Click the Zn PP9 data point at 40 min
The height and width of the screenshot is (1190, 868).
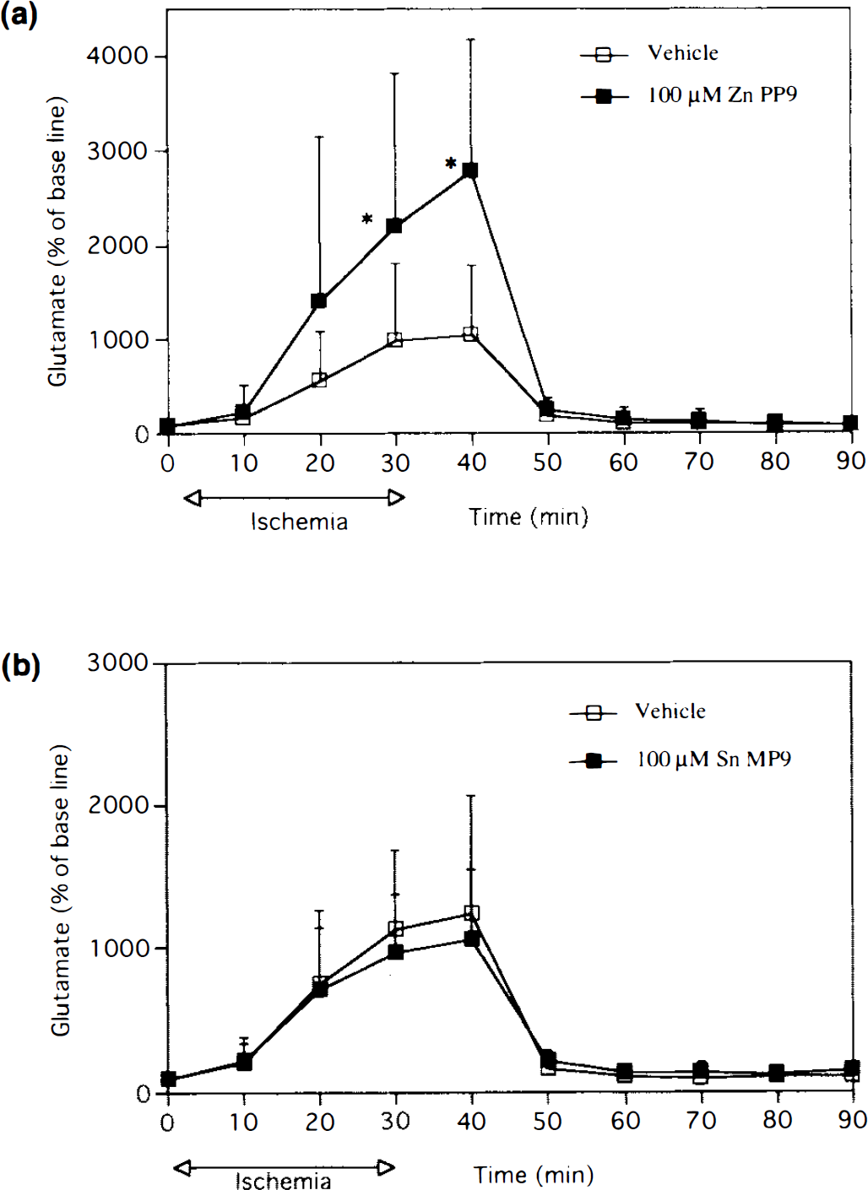pos(470,170)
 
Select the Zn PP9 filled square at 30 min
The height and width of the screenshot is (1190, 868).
pos(394,226)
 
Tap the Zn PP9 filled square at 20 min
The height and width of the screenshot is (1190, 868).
pos(318,301)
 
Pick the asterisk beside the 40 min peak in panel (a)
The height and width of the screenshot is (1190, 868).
pos(451,163)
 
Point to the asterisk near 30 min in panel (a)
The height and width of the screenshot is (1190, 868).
pos(366,219)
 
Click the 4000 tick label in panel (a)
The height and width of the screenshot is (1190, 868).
pos(117,56)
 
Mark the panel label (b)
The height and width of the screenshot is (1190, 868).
pos(21,668)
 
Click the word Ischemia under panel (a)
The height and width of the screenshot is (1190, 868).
pos(299,522)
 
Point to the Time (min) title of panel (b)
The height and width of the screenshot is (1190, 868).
pos(533,1175)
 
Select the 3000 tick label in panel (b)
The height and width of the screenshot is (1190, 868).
pos(117,663)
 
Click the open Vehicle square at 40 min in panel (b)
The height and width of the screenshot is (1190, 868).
pos(471,912)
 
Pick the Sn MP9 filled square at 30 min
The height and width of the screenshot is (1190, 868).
pos(395,951)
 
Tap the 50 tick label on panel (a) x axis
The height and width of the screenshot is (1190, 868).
pos(547,462)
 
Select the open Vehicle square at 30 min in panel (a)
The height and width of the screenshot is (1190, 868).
pos(395,340)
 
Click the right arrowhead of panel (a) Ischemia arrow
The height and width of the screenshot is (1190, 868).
pos(397,498)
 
